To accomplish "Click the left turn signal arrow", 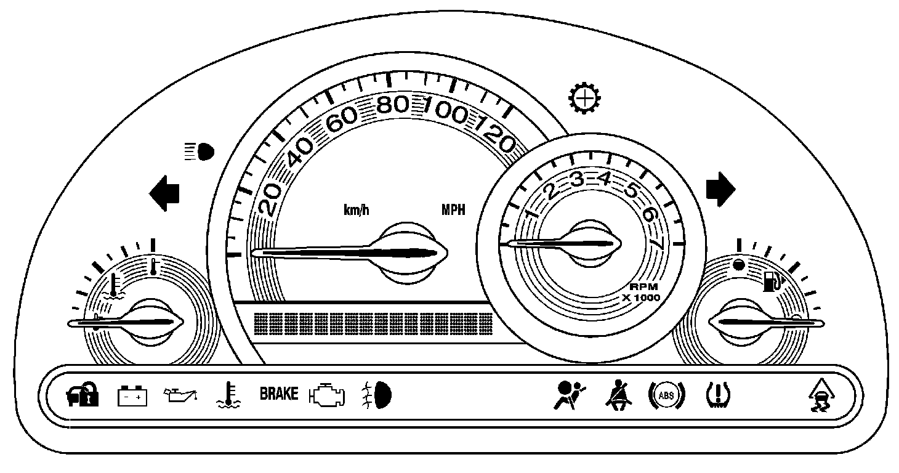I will [164, 193].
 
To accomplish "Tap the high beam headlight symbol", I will [200, 151].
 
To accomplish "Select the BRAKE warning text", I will [278, 394].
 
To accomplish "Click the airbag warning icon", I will [568, 394].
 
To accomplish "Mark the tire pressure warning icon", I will [717, 395].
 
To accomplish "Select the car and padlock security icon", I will [82, 395].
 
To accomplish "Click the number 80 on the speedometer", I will [393, 105].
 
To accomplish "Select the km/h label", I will [357, 210].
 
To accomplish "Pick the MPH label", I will [453, 210].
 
